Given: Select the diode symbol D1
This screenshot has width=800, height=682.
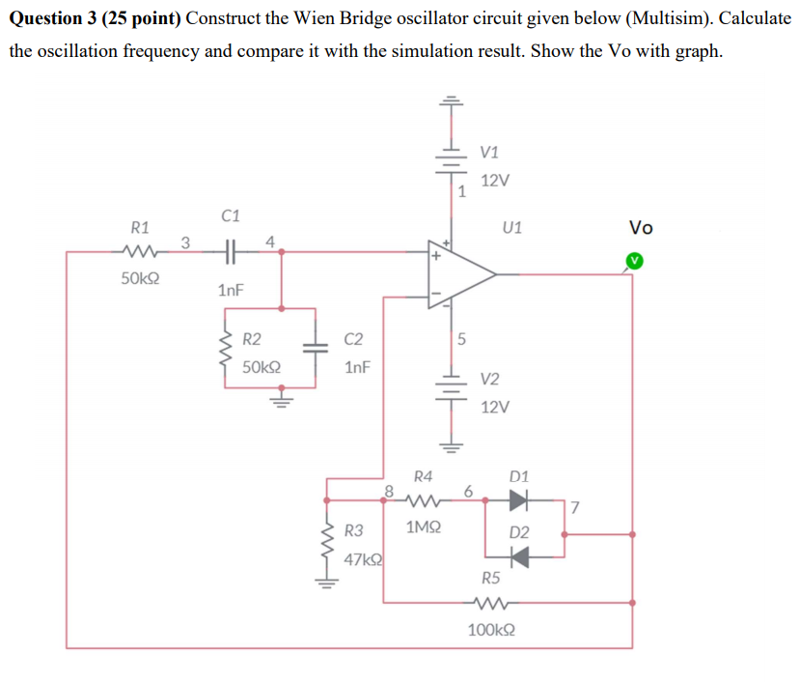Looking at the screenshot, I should tap(519, 500).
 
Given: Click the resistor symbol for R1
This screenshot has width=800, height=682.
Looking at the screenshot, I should tap(140, 254).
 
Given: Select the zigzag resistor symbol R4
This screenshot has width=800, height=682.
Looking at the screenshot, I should tap(423, 500).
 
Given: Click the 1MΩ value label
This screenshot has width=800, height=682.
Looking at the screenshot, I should tap(424, 527).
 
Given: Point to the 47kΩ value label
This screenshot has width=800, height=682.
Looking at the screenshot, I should tap(363, 558).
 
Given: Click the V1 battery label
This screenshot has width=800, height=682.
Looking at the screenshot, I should tap(489, 153).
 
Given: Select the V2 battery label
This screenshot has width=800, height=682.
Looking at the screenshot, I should tap(491, 379).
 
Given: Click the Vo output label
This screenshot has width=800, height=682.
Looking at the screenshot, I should tap(641, 228).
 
